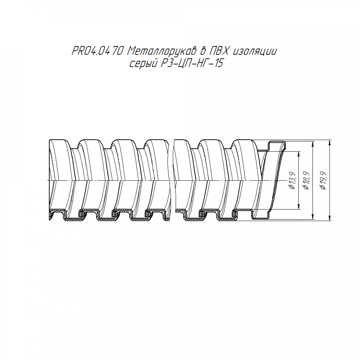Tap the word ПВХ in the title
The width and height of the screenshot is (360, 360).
point(218,51)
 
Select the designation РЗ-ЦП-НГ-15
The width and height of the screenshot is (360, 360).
point(192,63)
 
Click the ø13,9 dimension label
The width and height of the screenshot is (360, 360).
point(292,180)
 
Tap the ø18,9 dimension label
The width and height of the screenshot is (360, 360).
point(306,180)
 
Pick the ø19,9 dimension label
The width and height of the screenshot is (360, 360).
point(323,180)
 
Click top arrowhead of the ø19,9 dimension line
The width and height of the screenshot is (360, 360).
point(330,142)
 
